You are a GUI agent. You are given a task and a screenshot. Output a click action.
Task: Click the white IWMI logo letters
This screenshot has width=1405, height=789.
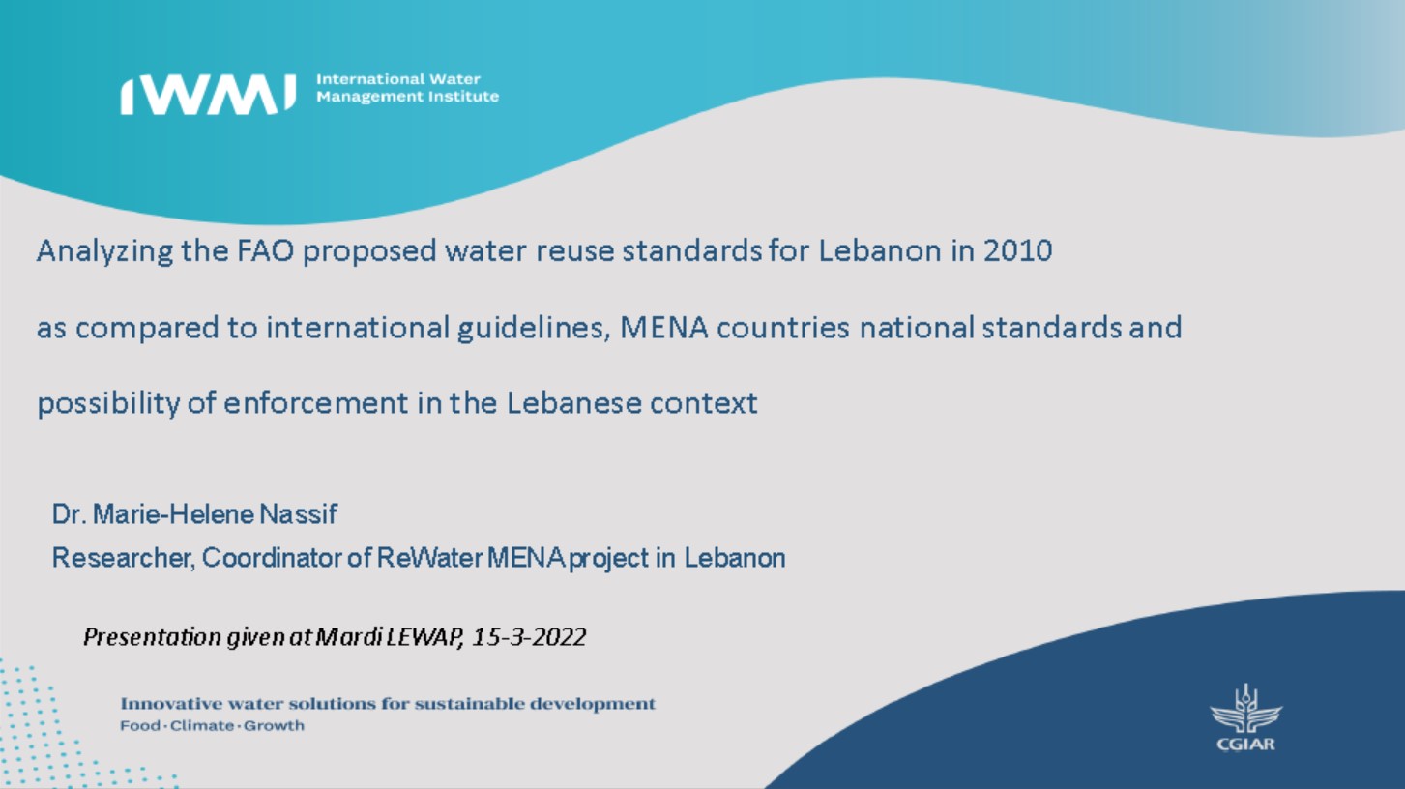coord(208,96)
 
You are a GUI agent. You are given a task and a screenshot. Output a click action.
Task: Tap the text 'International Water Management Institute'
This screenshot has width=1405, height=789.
coord(408,88)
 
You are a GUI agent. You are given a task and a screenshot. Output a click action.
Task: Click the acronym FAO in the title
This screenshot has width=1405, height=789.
coord(265,250)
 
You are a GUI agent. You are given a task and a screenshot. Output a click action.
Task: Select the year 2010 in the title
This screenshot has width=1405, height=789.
coord(1017,250)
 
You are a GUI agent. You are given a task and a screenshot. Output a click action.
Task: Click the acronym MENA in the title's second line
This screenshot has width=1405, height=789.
coord(663,328)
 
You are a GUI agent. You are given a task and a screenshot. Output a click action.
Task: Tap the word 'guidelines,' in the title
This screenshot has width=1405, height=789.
coord(534,329)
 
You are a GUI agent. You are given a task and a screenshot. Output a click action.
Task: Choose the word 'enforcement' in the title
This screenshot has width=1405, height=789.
coord(316,402)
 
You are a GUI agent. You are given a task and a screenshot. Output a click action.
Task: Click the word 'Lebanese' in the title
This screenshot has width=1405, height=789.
coord(573,402)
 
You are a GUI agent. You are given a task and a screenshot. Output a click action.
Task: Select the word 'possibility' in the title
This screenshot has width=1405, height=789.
coord(108,404)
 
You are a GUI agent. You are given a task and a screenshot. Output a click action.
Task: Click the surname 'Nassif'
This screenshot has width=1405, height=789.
coord(299,514)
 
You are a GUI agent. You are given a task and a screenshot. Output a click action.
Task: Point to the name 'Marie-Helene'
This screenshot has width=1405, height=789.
coord(173,514)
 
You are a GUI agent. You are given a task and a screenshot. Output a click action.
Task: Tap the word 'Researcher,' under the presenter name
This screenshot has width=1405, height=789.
coord(124,558)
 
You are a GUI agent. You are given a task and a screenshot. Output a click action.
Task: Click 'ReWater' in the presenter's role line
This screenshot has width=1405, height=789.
coord(429,558)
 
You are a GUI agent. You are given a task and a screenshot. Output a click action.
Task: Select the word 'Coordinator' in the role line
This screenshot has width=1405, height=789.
coord(272,558)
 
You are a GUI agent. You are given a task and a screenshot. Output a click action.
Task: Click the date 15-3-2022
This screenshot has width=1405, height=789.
coord(529,637)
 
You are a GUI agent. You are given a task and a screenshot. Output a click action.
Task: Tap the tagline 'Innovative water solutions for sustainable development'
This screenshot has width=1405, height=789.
coord(388,704)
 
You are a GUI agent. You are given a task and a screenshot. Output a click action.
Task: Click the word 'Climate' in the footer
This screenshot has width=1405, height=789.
coord(202,725)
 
